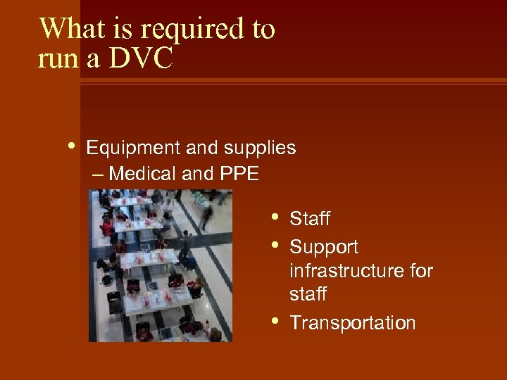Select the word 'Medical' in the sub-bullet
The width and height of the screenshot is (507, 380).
click(144, 173)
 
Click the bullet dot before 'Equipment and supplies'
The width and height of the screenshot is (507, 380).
click(73, 146)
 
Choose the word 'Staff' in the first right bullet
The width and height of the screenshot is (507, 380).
click(310, 220)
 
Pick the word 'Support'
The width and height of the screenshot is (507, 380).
click(324, 248)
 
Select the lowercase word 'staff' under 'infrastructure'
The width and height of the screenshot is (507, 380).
click(308, 294)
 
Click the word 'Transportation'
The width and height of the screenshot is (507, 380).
click(353, 323)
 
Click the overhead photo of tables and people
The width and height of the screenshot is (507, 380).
click(161, 265)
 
